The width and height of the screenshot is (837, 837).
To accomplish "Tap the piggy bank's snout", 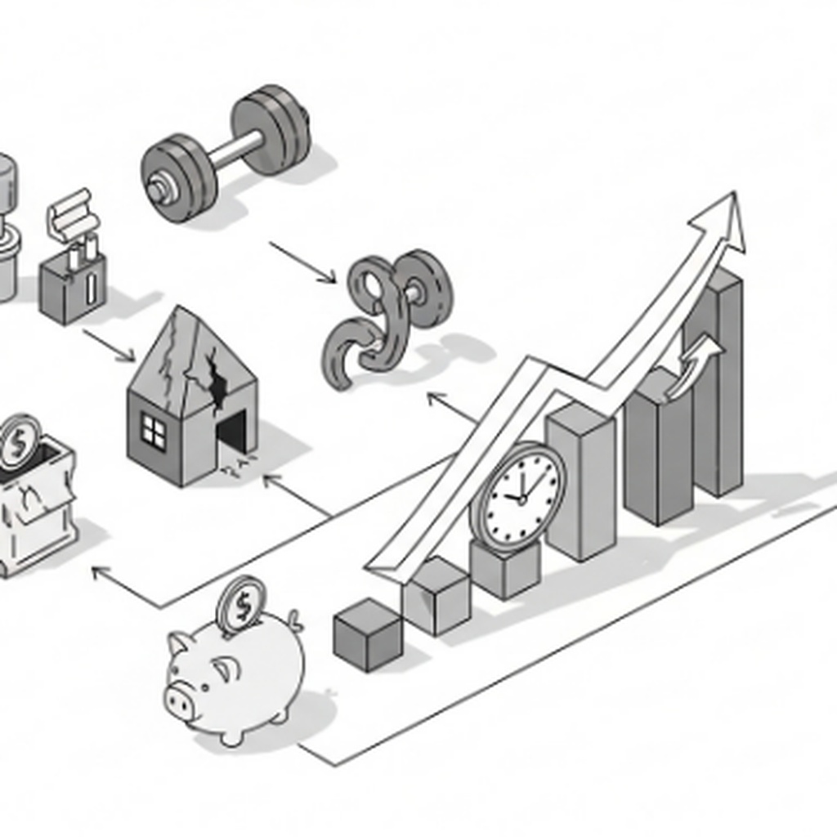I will (x=181, y=700).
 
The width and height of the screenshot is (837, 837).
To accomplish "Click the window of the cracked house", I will (x=153, y=430).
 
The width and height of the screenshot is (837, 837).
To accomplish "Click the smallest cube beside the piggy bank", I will (x=368, y=634).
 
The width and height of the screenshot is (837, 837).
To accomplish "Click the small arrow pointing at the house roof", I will (x=110, y=345).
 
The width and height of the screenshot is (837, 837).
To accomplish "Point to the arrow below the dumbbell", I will (x=302, y=262).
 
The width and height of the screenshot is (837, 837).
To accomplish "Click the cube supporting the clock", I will (x=505, y=568).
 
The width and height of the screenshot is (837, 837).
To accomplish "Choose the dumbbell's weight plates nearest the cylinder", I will (x=178, y=177).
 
